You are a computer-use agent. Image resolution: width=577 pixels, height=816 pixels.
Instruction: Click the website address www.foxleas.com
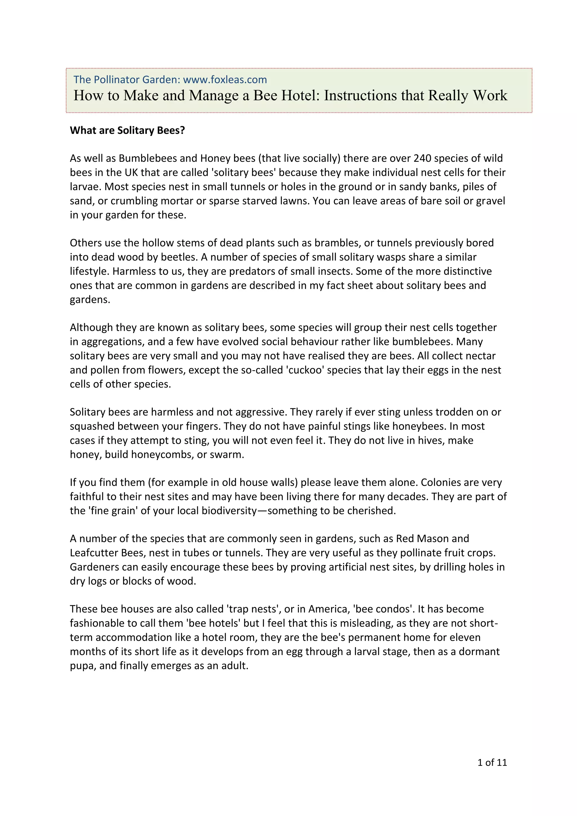click(x=225, y=80)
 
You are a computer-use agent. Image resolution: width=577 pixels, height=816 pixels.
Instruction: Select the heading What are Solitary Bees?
click(x=127, y=130)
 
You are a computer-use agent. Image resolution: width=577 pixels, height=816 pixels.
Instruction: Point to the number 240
click(x=422, y=158)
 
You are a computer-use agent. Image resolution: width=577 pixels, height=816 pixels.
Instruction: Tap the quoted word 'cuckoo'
click(x=305, y=370)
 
